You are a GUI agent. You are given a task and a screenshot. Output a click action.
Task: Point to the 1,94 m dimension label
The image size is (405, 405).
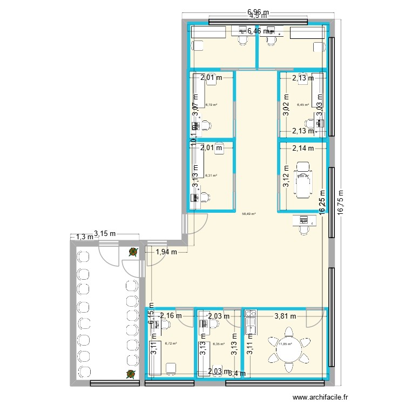[166, 251]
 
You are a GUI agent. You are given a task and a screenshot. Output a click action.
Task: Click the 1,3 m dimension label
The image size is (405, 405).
[84, 237]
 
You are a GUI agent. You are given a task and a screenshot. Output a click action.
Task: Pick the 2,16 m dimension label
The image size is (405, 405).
[171, 316]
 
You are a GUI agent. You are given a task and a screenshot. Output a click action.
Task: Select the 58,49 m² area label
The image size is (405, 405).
[248, 214]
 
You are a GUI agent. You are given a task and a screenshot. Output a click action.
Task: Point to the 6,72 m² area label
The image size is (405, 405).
[171, 343]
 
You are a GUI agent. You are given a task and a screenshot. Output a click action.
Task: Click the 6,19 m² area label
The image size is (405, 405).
[211, 105]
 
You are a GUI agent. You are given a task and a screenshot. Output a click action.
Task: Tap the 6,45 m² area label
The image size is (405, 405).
[303, 105]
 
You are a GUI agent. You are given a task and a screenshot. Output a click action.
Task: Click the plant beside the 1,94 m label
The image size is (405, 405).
[133, 251]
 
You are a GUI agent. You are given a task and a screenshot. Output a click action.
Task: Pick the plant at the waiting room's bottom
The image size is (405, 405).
[130, 374]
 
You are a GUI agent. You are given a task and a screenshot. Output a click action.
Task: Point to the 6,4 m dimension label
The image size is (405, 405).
[237, 373]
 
